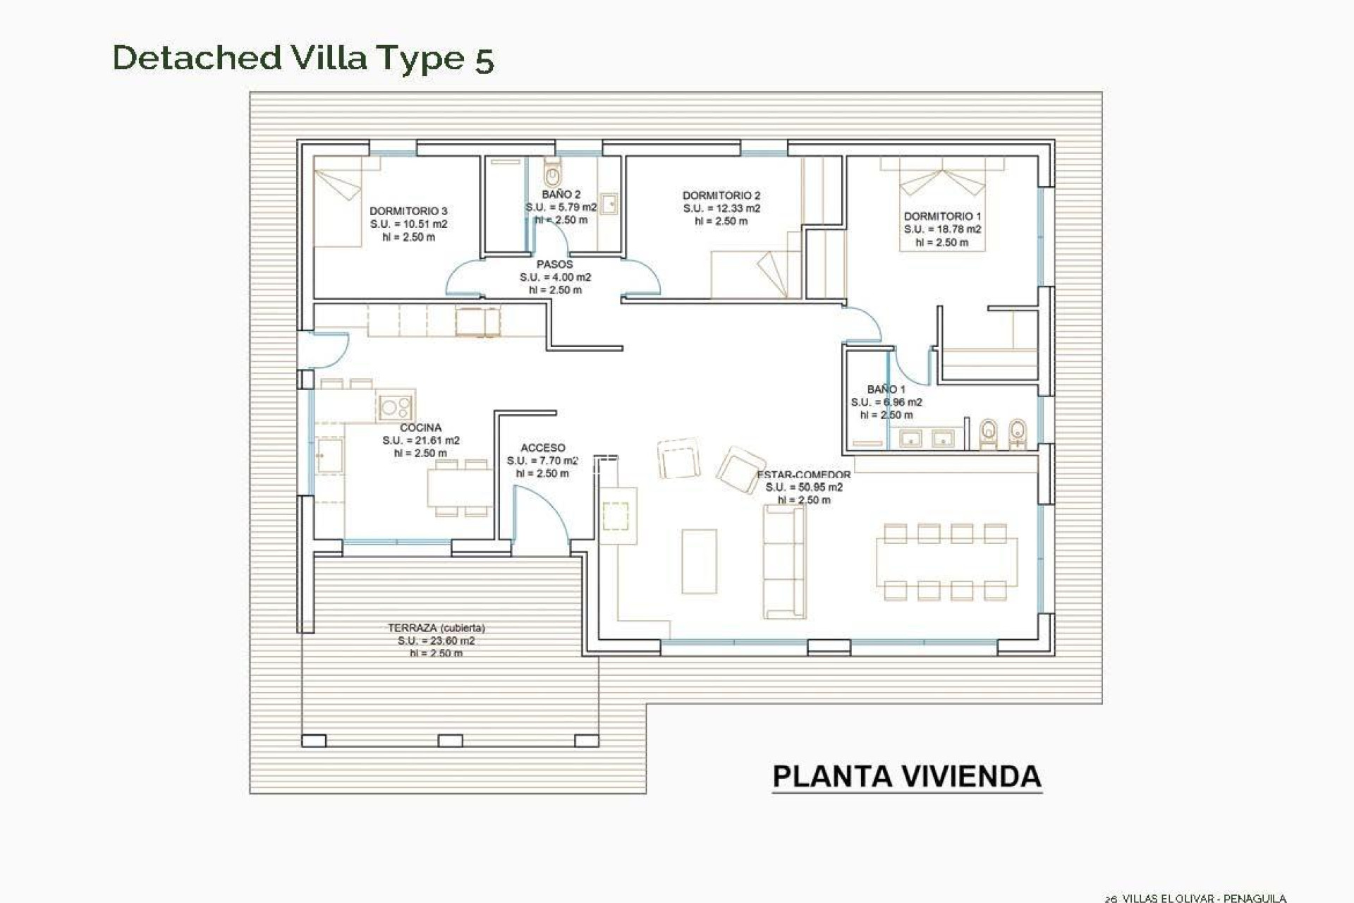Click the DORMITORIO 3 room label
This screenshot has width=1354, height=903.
(408, 211)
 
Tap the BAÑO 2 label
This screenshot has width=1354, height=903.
(561, 194)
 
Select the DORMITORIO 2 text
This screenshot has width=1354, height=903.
(721, 195)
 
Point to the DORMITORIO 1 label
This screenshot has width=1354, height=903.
(942, 217)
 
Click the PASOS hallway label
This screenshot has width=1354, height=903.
(555, 265)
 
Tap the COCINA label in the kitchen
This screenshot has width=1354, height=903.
(420, 428)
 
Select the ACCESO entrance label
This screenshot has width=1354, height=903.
(542, 448)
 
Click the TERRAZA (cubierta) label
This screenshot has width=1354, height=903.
(436, 628)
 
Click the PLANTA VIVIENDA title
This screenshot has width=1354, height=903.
(907, 777)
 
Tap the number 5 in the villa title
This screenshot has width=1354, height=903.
(484, 59)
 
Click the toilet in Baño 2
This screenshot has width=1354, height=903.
(553, 171)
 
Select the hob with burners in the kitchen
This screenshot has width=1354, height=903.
(395, 406)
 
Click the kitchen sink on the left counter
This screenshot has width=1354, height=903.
(329, 456)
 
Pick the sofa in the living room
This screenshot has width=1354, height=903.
(784, 562)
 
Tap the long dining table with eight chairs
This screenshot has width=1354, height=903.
(946, 562)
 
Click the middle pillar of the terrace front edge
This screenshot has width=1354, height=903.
(450, 741)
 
